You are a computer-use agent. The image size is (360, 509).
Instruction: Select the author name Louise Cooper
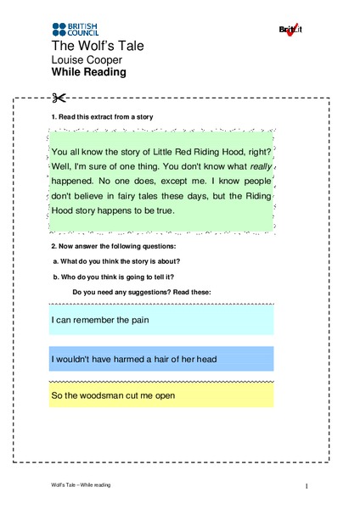click(x=87, y=60)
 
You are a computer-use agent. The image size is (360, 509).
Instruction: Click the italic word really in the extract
click(x=261, y=166)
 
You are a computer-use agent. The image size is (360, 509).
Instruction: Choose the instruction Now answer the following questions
click(x=115, y=246)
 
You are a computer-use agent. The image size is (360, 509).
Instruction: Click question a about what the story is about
click(x=116, y=261)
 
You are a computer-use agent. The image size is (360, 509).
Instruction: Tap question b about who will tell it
click(x=113, y=277)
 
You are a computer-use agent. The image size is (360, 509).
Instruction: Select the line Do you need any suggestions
click(x=142, y=292)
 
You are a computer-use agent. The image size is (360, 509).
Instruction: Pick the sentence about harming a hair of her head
click(x=134, y=359)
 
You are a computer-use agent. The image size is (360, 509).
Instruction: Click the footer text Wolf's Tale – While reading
click(x=80, y=484)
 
